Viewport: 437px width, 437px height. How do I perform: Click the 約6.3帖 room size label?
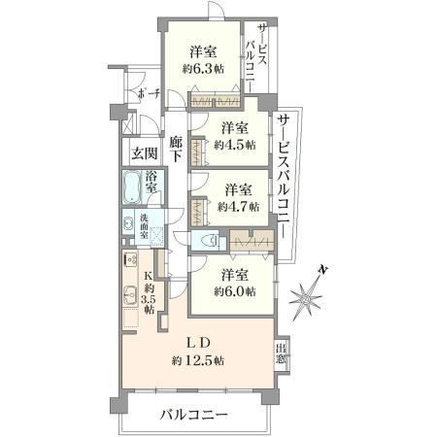[203, 69]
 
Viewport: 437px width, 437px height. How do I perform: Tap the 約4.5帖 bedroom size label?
[235, 145]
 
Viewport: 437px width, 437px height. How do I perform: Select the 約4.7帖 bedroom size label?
[239, 206]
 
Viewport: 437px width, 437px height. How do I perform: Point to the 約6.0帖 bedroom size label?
[235, 291]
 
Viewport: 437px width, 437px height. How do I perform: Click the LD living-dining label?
[198, 343]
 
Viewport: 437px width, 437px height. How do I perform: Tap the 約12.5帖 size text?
[198, 360]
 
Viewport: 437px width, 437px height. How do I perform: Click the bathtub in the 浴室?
[132, 187]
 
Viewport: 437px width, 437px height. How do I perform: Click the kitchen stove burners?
[131, 258]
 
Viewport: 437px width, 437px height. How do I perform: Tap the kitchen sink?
[131, 296]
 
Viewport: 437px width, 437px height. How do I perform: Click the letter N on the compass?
[322, 269]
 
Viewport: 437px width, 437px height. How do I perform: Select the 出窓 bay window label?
[281, 353]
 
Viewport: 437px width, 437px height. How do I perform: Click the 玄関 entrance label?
[145, 153]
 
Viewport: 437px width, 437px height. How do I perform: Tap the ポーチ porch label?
[149, 94]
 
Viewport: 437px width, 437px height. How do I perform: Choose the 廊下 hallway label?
[177, 150]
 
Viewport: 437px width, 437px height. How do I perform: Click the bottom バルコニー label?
[194, 415]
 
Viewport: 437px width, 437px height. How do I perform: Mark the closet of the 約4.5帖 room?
[197, 151]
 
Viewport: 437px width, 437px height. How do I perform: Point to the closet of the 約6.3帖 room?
[216, 102]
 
